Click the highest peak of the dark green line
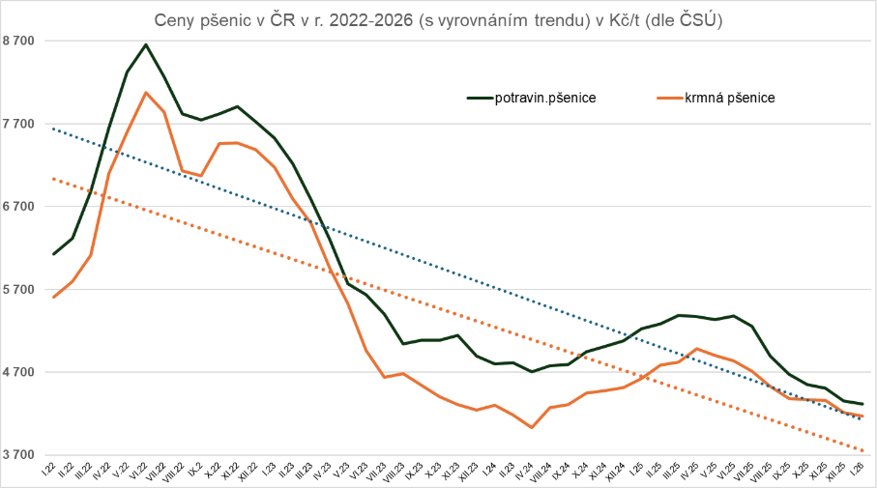pos(146,44)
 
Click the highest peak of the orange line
pos(146,93)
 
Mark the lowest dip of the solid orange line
pos(532,427)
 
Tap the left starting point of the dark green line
pos(54,254)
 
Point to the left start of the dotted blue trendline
pos(54,129)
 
